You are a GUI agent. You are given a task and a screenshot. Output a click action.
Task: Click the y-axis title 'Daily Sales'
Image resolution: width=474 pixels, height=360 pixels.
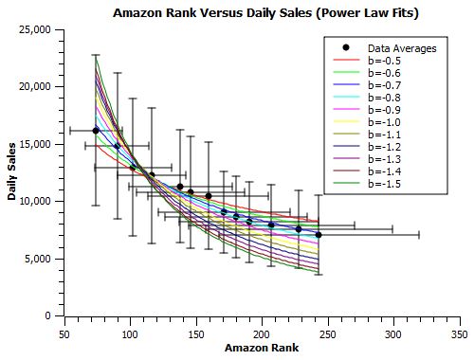pyautogui.click(x=12, y=171)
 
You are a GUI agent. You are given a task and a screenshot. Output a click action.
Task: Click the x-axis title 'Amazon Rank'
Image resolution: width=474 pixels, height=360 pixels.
pyautogui.click(x=261, y=349)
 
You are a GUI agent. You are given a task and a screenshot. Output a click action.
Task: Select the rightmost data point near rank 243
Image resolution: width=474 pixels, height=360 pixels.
pyautogui.click(x=319, y=234)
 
